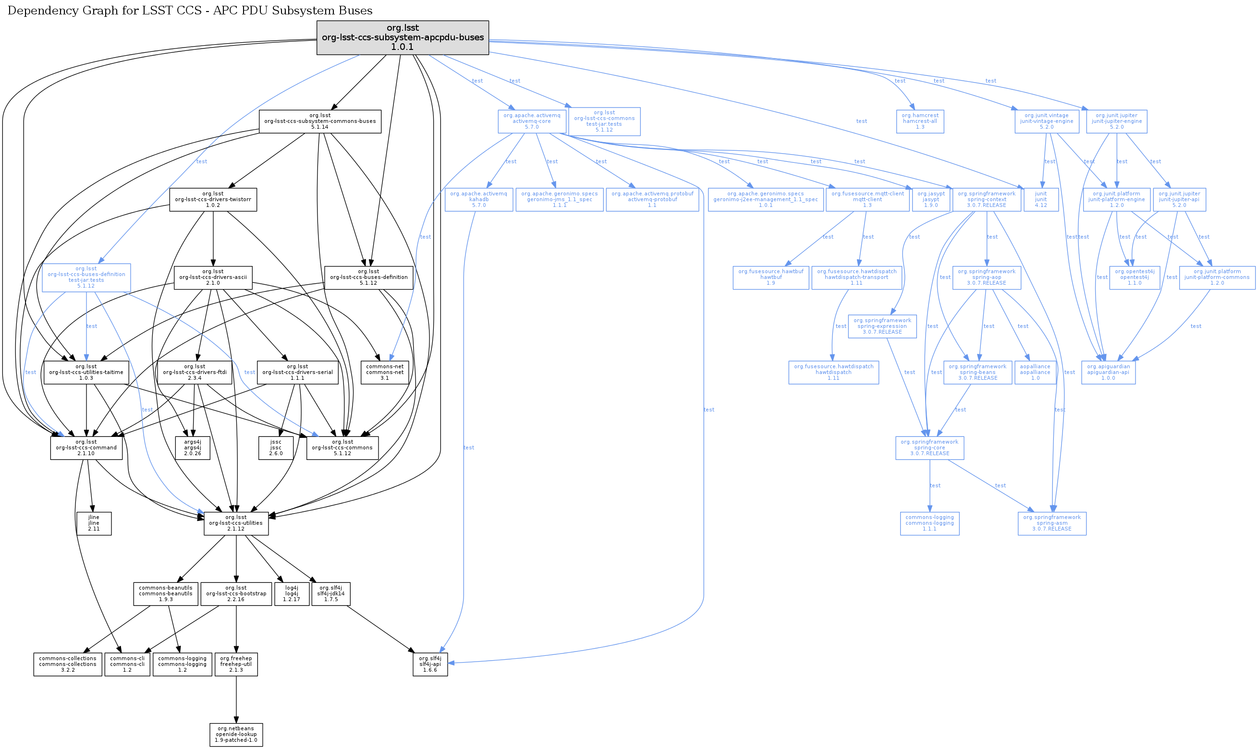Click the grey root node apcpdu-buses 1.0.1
(403, 37)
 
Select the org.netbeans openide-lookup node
(236, 735)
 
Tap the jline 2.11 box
(94, 523)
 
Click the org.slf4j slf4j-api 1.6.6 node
(430, 664)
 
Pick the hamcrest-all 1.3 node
(920, 121)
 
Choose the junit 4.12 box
(1041, 199)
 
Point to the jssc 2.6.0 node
(276, 447)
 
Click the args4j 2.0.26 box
(192, 447)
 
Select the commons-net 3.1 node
(385, 373)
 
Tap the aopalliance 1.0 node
(1035, 373)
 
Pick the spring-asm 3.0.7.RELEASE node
(1051, 523)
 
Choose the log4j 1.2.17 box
(291, 594)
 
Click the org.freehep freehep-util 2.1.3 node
(236, 664)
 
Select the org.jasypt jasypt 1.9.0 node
(931, 199)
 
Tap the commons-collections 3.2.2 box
(68, 664)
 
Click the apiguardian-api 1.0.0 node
(1108, 373)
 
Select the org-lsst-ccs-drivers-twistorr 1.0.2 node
(213, 199)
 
